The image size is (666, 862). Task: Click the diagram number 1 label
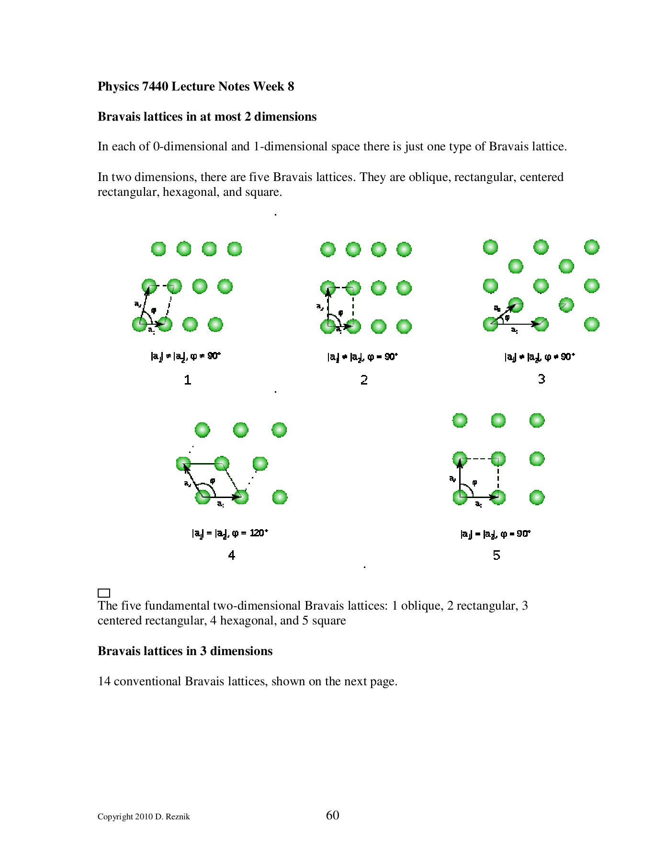click(x=188, y=380)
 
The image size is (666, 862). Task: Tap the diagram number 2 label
click(x=364, y=380)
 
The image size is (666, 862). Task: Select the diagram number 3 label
click(x=541, y=379)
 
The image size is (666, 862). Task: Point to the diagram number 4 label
click(x=232, y=556)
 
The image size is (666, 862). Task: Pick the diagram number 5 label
click(x=497, y=556)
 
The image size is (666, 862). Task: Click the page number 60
click(x=332, y=815)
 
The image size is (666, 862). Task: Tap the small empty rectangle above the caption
click(x=104, y=593)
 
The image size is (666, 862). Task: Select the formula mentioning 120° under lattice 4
click(x=230, y=533)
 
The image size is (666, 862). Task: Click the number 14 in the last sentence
click(x=104, y=681)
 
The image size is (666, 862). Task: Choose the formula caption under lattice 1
click(x=186, y=356)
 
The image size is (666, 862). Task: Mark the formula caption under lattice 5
click(x=496, y=534)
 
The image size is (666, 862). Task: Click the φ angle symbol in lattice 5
click(x=474, y=482)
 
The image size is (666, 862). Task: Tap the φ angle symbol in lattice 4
click(x=213, y=480)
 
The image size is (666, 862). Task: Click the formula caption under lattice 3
click(x=540, y=357)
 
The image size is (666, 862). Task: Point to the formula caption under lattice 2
click(x=362, y=357)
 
